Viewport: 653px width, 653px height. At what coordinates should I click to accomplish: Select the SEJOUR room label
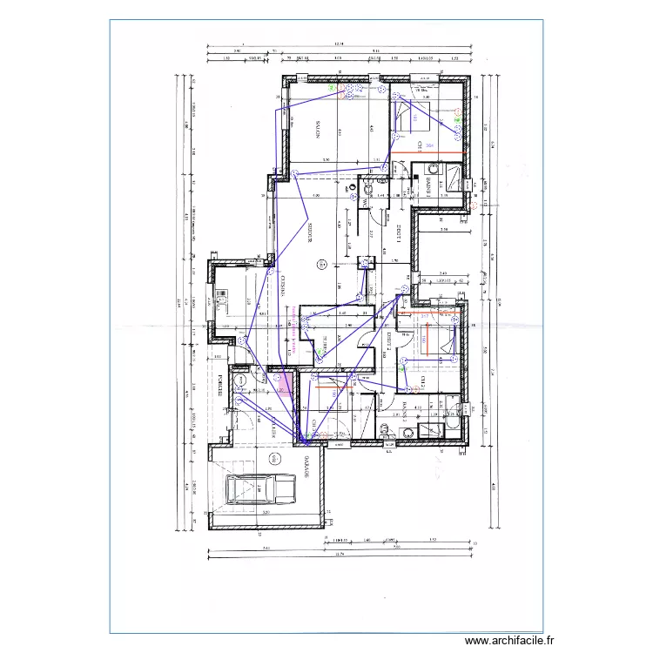coord(311,232)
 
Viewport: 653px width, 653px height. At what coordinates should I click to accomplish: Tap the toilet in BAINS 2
coord(387,427)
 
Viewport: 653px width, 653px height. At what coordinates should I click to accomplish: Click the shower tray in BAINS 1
coord(454,176)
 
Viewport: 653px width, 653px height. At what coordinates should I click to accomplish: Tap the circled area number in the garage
coord(273,459)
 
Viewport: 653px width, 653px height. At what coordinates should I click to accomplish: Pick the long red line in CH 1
coord(427,154)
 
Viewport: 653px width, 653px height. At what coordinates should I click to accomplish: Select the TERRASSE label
coord(320,344)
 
